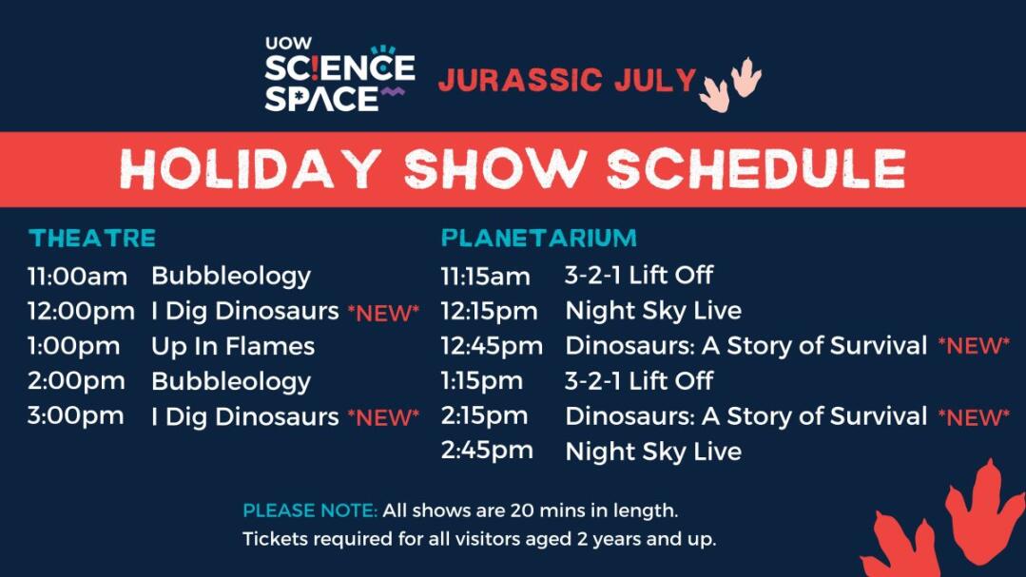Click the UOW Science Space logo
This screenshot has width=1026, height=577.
click(339, 74)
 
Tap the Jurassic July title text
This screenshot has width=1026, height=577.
click(568, 80)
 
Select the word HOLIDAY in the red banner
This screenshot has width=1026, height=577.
click(251, 169)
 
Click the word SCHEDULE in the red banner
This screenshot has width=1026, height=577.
click(756, 169)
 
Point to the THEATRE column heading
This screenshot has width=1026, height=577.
click(92, 239)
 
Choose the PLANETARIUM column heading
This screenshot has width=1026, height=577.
click(539, 239)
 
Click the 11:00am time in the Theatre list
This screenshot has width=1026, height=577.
click(77, 276)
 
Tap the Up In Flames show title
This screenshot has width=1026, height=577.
click(233, 347)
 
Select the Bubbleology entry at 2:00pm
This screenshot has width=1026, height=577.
click(231, 382)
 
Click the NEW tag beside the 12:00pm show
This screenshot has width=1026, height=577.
click(383, 314)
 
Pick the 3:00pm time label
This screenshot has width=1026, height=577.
click(75, 416)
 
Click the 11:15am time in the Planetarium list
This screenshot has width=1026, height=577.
click(486, 276)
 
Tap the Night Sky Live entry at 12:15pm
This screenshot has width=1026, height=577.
click(653, 312)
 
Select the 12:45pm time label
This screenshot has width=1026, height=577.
click(492, 347)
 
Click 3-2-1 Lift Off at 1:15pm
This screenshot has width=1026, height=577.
click(639, 381)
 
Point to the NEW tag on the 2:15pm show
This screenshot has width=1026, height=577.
click(974, 416)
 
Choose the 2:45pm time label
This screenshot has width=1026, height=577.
click(487, 451)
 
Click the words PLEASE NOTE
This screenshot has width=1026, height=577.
click(310, 510)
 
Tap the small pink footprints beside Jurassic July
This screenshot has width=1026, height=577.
click(731, 85)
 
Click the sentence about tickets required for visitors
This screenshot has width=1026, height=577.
click(479, 539)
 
